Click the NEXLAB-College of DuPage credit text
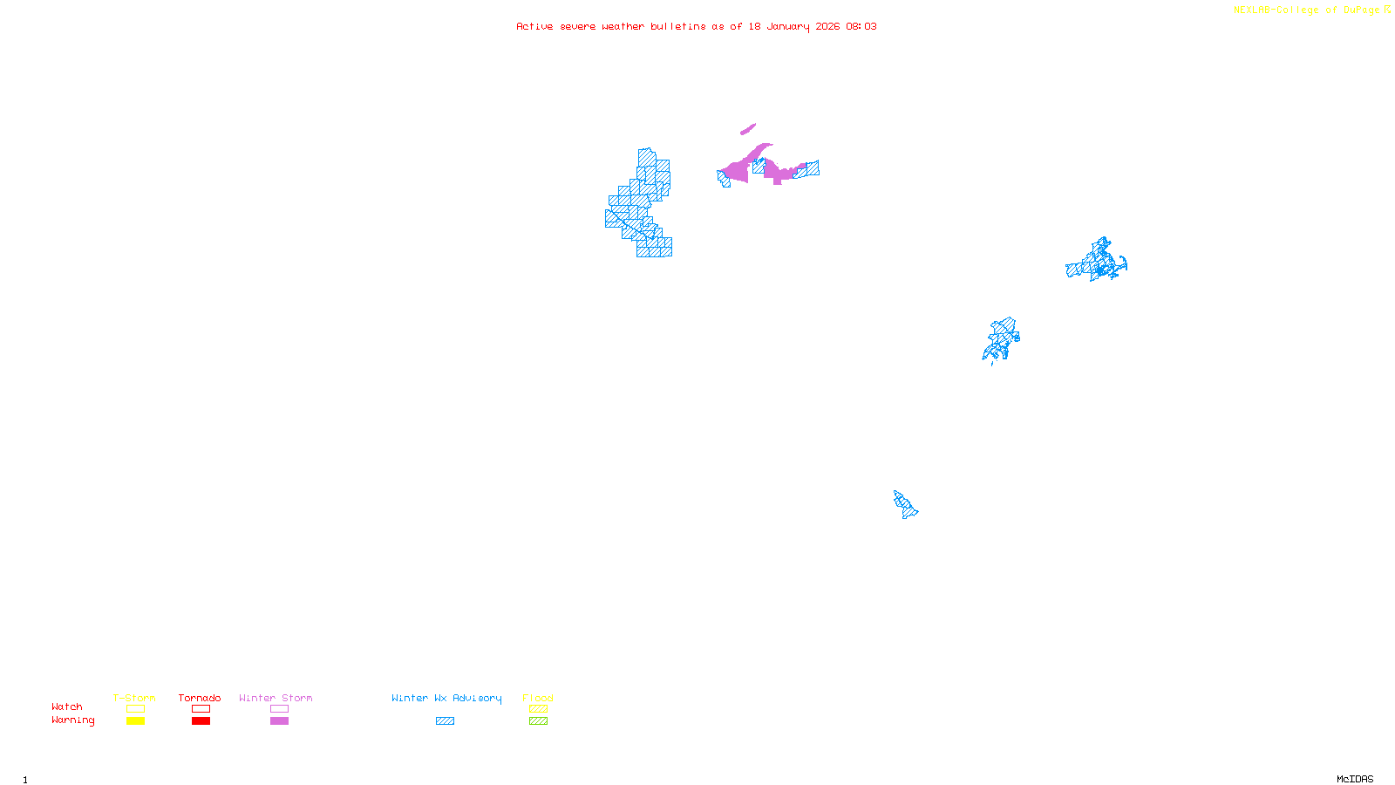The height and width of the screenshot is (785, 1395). [x=1306, y=10]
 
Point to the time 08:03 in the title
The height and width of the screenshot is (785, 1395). [x=861, y=26]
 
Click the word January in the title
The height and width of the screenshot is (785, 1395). [x=788, y=26]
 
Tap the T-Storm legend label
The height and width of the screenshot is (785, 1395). [x=134, y=698]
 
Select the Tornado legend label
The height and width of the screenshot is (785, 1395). [x=200, y=698]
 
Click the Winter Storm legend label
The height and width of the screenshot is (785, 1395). [x=276, y=698]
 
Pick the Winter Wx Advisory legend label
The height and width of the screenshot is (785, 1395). [x=446, y=698]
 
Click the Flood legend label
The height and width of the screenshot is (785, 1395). [x=538, y=698]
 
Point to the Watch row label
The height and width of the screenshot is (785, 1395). [x=67, y=706]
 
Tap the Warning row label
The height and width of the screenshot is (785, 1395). [x=73, y=720]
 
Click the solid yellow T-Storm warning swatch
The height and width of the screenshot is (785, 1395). [x=135, y=721]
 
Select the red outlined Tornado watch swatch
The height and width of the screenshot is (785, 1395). [x=201, y=709]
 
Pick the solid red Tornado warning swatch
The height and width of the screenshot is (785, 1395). [x=201, y=721]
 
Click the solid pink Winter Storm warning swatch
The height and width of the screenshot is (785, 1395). [x=279, y=721]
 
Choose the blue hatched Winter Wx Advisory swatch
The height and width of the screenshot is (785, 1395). [x=445, y=721]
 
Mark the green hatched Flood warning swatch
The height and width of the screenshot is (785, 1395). [x=538, y=721]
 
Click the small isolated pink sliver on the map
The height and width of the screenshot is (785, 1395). [x=748, y=129]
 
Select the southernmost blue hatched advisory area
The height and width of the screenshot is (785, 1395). [x=905, y=504]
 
